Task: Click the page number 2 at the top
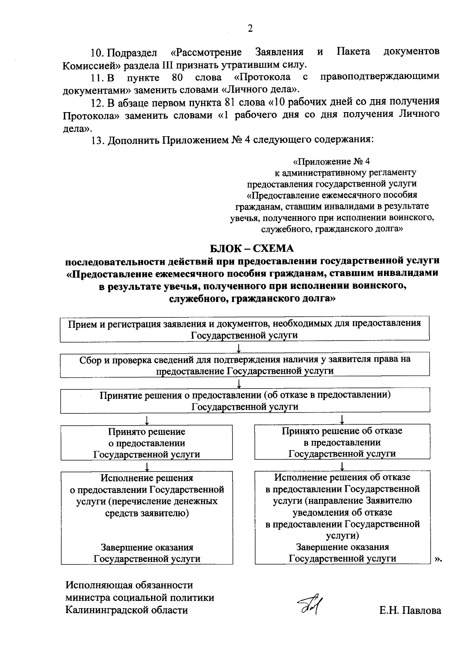tap(250, 29)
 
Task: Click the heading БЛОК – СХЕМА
tap(252, 248)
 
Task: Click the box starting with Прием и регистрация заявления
tap(244, 329)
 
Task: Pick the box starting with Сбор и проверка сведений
tap(244, 365)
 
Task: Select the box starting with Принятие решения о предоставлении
tap(244, 401)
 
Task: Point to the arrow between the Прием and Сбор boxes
tap(239, 348)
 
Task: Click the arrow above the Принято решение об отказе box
tap(342, 420)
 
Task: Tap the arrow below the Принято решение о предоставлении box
tap(147, 466)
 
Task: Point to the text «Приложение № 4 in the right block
tap(332, 161)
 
